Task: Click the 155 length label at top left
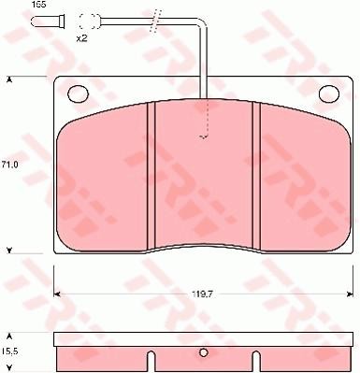point(38,5)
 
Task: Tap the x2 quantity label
point(82,38)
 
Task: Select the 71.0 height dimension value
point(9,165)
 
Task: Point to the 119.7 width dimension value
point(203,294)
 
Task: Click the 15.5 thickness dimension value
point(9,351)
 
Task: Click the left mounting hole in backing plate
point(79,93)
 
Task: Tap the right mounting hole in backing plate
point(329,93)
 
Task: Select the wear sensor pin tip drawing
point(49,22)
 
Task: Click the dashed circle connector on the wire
point(89,22)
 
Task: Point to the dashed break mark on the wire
point(155,21)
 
